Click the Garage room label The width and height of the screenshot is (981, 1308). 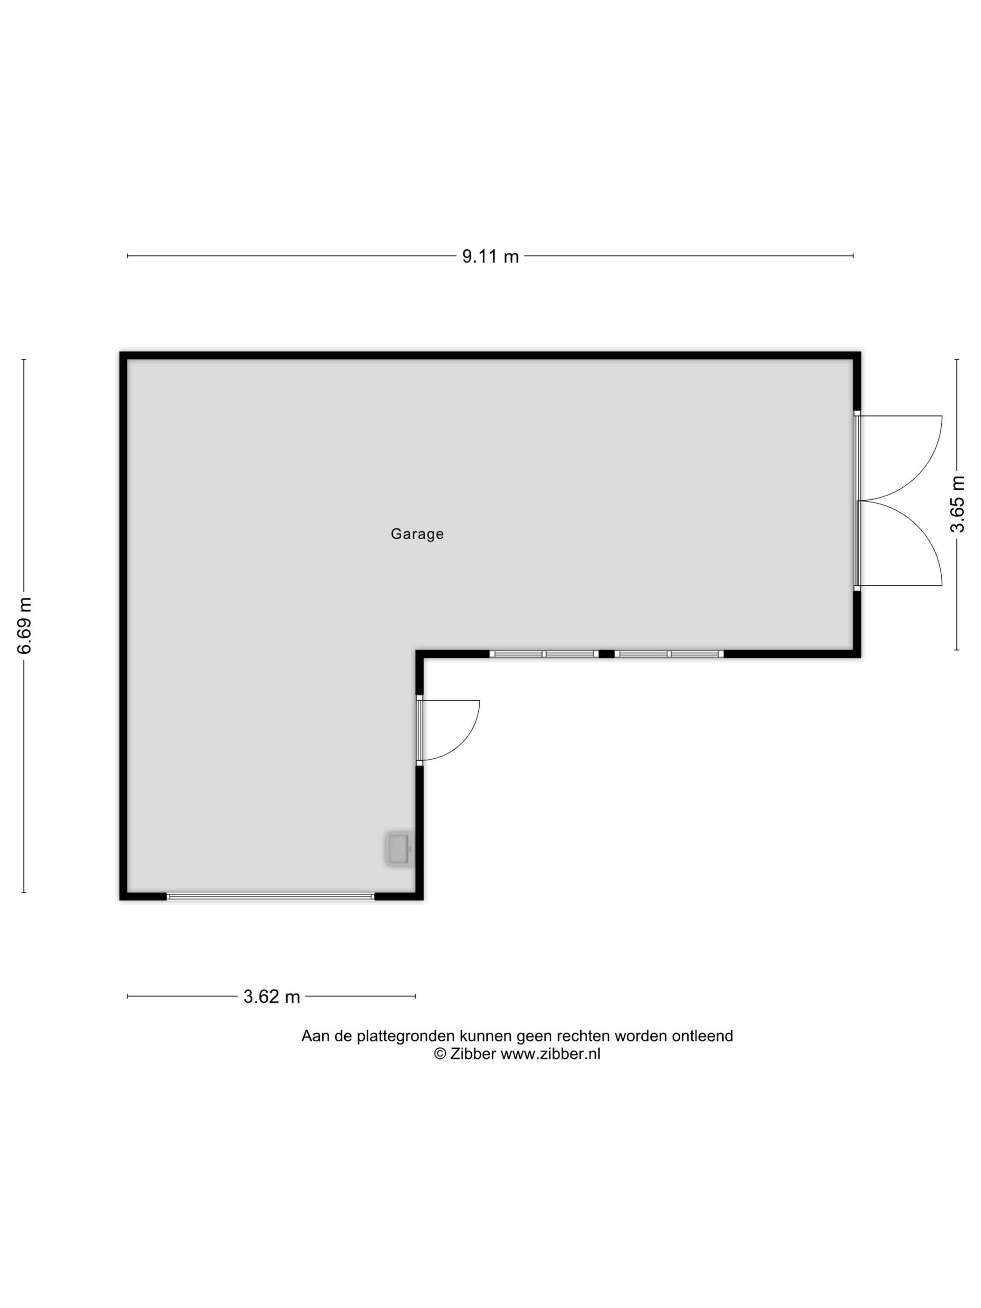point(417,534)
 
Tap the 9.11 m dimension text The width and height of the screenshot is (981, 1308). point(490,256)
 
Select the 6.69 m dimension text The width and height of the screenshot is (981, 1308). point(24,626)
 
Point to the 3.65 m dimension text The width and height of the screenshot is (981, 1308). point(957,505)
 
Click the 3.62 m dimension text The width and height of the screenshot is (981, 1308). point(271,997)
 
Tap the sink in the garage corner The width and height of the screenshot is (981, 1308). point(398,849)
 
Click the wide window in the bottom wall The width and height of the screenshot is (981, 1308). point(271,896)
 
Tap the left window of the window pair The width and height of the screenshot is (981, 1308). point(544,654)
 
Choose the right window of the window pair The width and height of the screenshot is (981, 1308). point(669,654)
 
